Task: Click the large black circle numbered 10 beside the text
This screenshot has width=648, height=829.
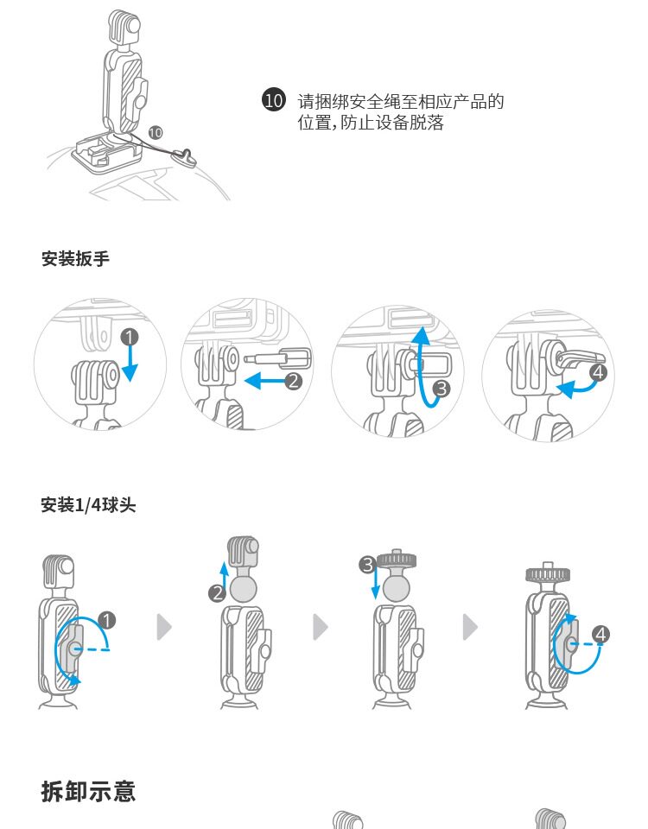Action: (x=273, y=101)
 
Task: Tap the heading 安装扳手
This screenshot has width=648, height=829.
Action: (x=76, y=258)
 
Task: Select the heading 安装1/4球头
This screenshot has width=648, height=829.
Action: (x=89, y=505)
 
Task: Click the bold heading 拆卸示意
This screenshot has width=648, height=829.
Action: (x=88, y=791)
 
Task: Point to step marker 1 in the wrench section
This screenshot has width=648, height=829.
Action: (x=130, y=336)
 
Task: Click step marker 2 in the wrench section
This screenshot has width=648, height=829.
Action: (x=294, y=381)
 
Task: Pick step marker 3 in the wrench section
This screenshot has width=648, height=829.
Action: (x=441, y=389)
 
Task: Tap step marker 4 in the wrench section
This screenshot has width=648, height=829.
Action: (x=599, y=373)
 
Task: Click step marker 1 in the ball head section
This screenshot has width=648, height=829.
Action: (x=106, y=619)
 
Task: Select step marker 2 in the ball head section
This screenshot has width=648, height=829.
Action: (x=217, y=592)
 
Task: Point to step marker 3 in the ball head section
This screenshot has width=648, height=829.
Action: (x=368, y=565)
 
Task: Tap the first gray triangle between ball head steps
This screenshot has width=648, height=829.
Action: (x=164, y=628)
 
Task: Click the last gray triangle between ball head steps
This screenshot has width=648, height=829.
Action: (x=470, y=628)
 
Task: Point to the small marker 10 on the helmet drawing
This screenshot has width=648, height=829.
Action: (x=156, y=132)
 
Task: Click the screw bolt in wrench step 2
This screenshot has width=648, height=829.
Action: (x=277, y=357)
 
